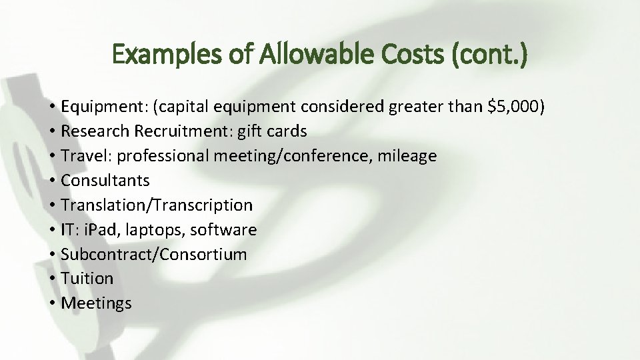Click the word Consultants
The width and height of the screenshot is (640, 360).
tap(105, 181)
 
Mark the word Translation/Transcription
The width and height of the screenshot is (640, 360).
tap(157, 205)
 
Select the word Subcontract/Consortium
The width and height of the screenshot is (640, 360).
tap(153, 255)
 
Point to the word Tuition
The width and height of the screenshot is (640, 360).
tap(87, 279)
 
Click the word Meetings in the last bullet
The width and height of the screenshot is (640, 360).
tap(97, 303)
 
